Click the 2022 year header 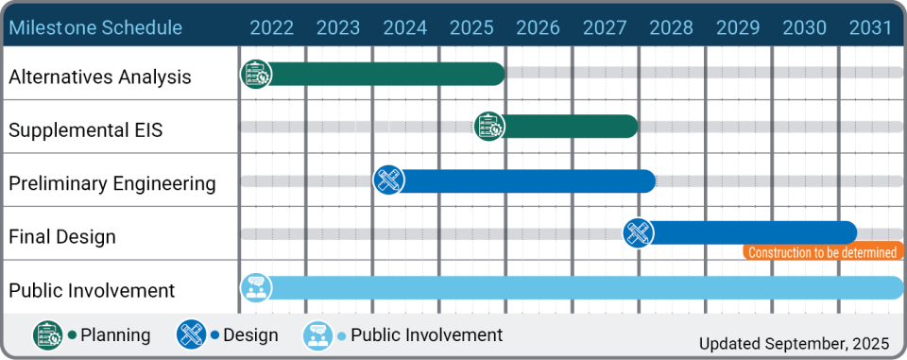271,27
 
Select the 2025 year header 471,27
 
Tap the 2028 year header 672,27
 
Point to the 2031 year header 870,27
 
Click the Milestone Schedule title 95,27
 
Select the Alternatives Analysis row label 100,77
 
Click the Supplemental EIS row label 86,130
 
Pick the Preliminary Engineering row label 112,183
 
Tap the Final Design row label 62,236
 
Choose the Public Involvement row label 92,290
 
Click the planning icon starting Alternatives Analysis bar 256,74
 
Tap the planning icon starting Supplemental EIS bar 489,127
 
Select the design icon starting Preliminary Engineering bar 388,180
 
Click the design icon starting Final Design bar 639,232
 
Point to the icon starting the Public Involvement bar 256,287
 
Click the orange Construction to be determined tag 821,252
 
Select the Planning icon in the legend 48,335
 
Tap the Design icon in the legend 192,335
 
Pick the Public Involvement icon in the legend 317,335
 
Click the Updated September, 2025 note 794,343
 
